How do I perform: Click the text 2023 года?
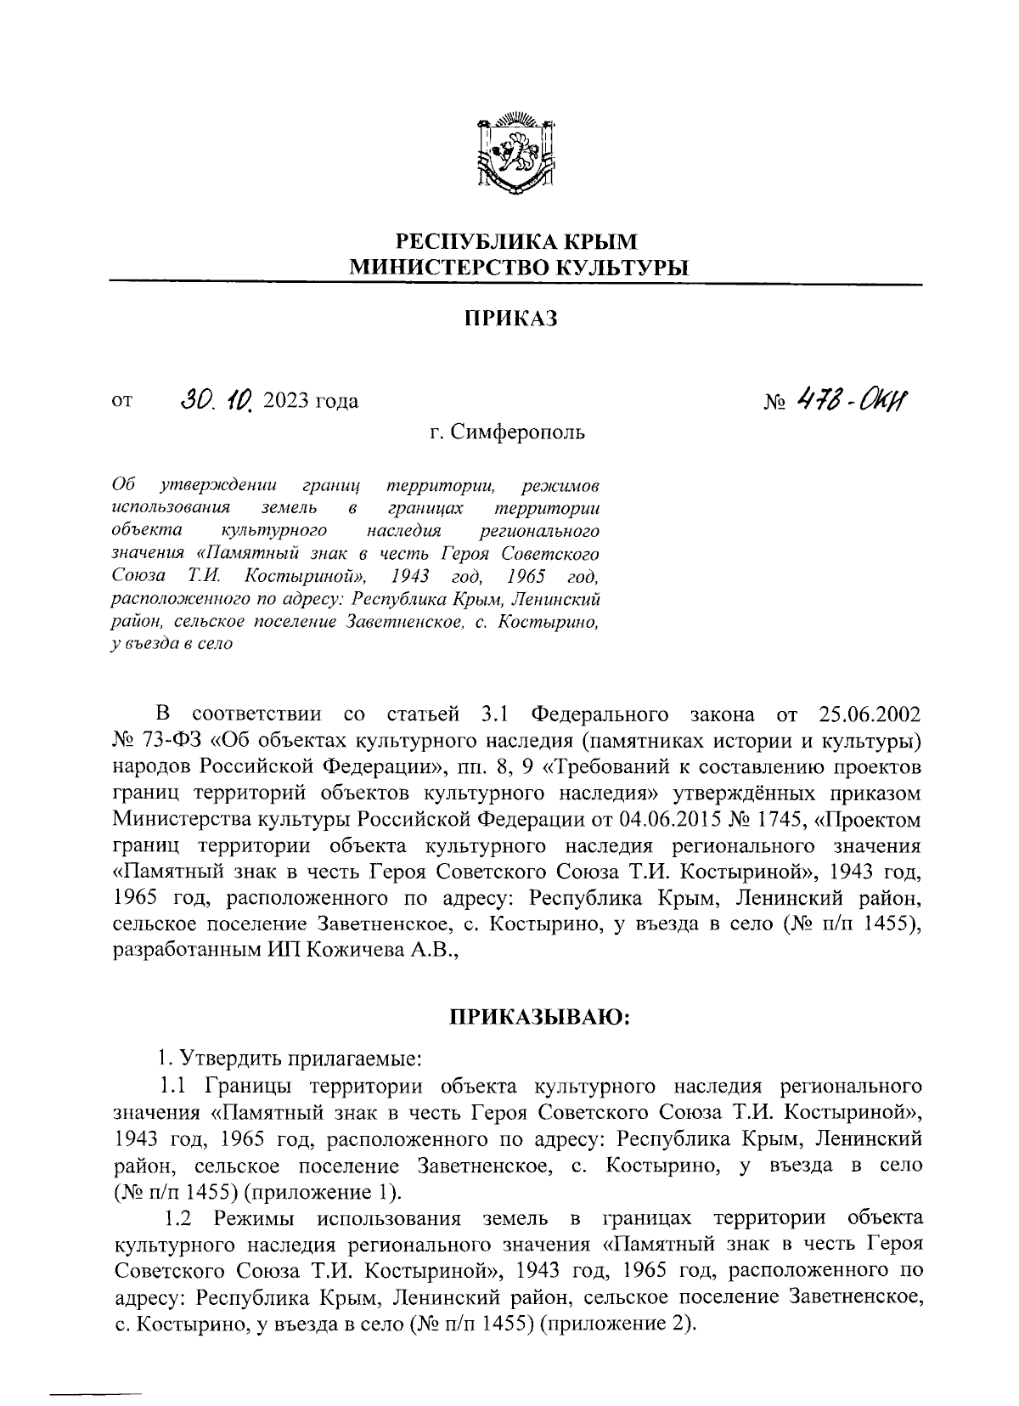pos(311,401)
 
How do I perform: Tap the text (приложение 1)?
pos(324,1191)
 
